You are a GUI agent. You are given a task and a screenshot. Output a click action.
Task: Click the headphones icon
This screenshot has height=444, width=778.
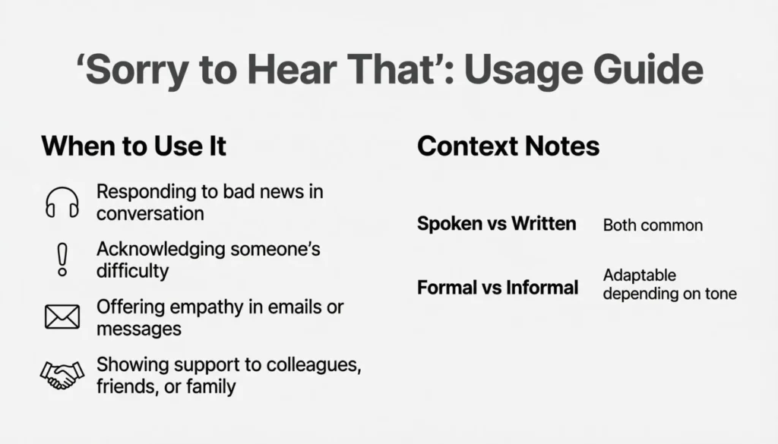pos(62,203)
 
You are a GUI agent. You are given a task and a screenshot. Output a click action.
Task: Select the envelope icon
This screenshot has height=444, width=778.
pos(62,317)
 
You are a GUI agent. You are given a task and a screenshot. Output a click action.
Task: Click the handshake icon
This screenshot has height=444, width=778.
pos(62,375)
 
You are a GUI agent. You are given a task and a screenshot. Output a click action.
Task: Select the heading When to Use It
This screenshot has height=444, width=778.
pos(134,146)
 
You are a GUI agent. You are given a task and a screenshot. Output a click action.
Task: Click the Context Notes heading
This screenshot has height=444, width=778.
pos(508,146)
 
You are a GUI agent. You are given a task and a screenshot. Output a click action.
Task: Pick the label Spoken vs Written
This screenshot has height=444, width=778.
pos(496,224)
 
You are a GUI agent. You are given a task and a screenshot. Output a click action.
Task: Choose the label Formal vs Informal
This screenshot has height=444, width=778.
pos(498,288)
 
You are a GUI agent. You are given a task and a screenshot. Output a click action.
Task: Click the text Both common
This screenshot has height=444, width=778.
pos(653,225)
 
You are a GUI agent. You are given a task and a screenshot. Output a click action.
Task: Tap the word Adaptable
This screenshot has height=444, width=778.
pos(639,275)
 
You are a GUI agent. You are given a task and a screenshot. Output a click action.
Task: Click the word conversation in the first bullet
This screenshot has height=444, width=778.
pos(150,213)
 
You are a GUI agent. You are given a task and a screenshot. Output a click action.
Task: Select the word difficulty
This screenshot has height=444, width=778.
pos(132,270)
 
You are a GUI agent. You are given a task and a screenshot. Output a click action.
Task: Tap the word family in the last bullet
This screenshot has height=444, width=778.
pos(214,386)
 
